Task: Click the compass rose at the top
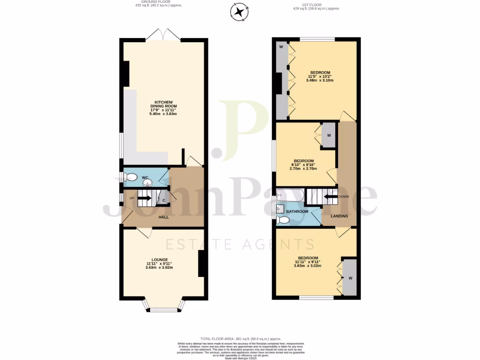(240, 12)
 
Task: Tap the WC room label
(145, 178)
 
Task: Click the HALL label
(163, 217)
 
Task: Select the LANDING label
(339, 216)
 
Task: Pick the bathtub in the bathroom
(290, 194)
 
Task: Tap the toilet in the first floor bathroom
(282, 219)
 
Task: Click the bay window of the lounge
(164, 307)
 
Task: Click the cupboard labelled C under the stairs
(163, 200)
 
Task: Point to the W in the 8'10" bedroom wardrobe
(329, 135)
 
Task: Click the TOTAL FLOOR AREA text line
(240, 338)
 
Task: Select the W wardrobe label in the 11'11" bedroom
(349, 278)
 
